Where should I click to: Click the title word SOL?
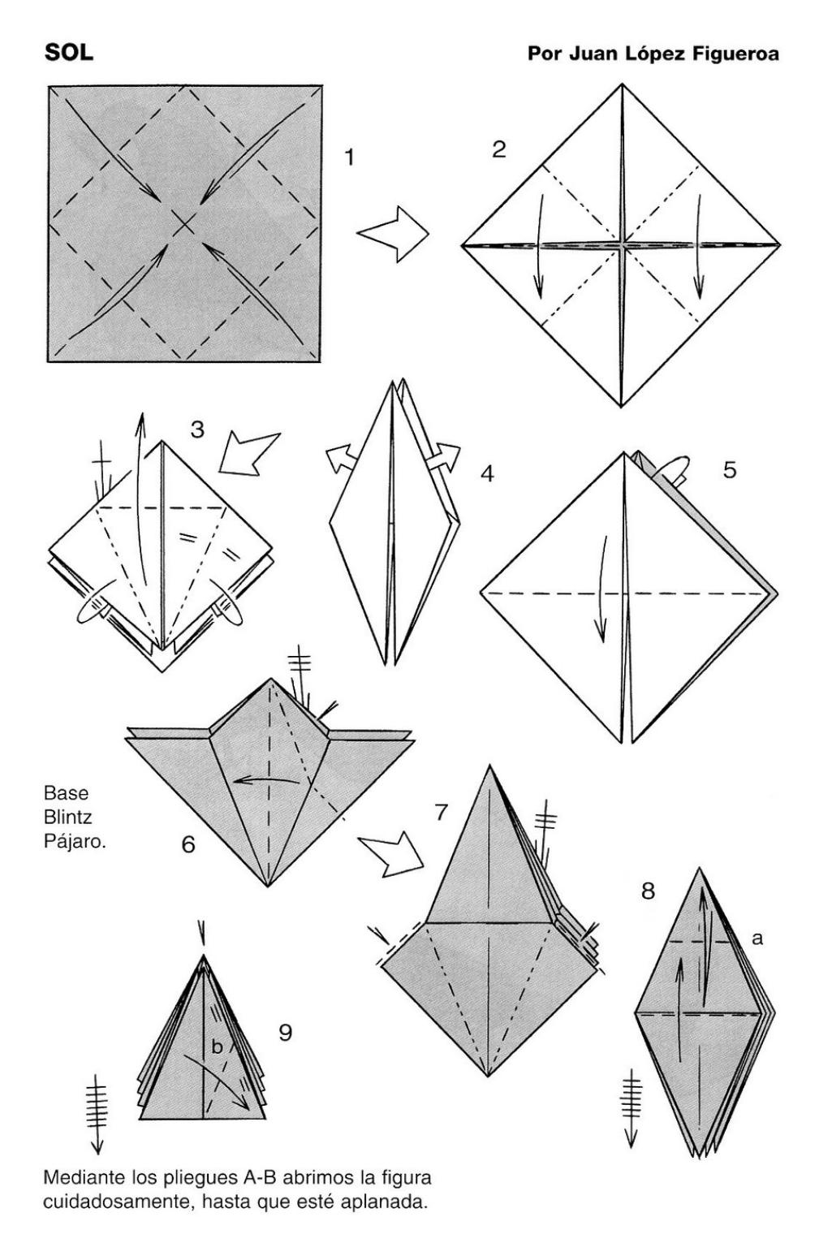coord(68,53)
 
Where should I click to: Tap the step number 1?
coord(349,157)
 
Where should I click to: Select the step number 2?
coord(498,149)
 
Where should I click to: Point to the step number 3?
coord(197,429)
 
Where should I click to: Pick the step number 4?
coord(487,474)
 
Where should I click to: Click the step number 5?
coord(730,470)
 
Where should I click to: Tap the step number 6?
coord(188,844)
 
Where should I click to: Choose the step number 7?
coord(441,812)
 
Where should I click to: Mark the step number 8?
coord(648,891)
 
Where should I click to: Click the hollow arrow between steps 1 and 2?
coord(393,233)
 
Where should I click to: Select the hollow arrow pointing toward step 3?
coord(248,452)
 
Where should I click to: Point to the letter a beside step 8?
coord(757,938)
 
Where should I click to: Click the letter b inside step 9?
coord(217,1046)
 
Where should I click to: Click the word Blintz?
coord(68,817)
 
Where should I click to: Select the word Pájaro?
coord(75,842)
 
